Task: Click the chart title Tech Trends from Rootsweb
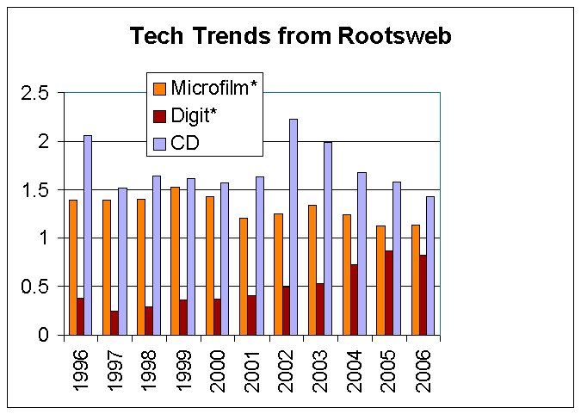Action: click(x=290, y=36)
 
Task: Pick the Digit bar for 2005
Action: click(x=389, y=293)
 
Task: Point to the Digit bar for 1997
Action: click(x=114, y=323)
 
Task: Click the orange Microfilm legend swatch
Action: click(x=159, y=89)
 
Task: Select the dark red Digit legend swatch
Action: click(x=159, y=115)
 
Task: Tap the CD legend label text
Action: click(x=185, y=142)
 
